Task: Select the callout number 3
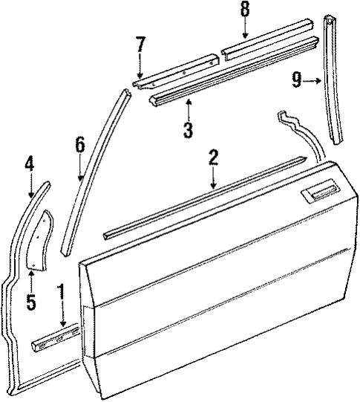point(188,131)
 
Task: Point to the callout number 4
point(30,163)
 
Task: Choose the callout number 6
point(79,146)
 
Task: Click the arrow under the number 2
point(213,178)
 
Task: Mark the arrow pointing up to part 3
point(188,109)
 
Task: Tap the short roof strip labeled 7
point(178,66)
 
